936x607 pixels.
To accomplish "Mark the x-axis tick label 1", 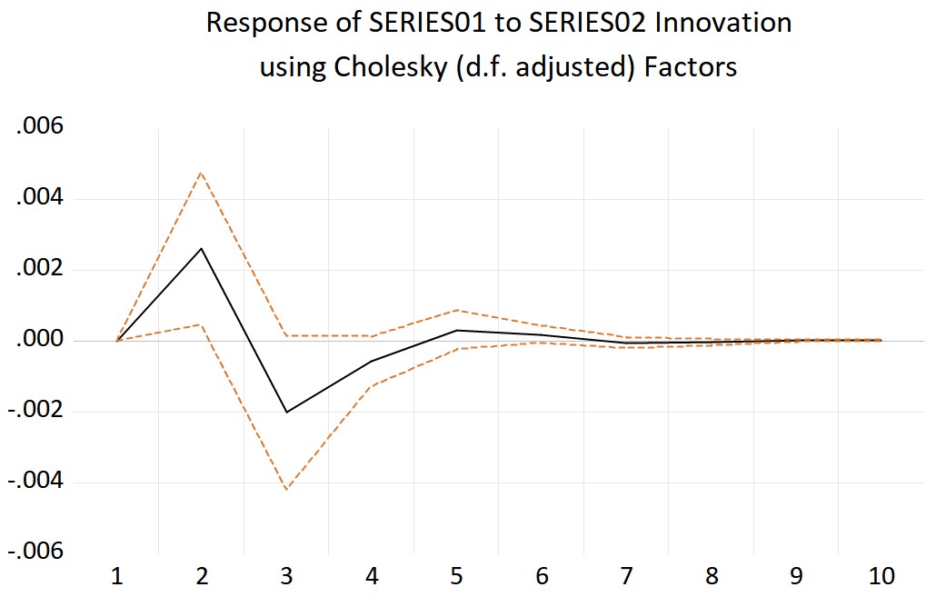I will coord(116,576).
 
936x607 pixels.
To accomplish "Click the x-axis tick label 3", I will coord(286,576).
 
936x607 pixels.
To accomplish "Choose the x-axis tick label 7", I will coord(626,576).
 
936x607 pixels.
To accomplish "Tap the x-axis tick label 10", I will coord(881,576).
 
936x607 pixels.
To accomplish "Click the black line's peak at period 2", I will coord(201,248).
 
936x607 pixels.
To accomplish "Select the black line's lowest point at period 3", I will coord(286,413).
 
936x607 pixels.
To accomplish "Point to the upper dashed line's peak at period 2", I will coord(201,172).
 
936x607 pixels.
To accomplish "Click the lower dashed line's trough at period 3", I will coord(286,490).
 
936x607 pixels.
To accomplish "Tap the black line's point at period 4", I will coord(371,362).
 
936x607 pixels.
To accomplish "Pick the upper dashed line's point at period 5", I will coord(456,310).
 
